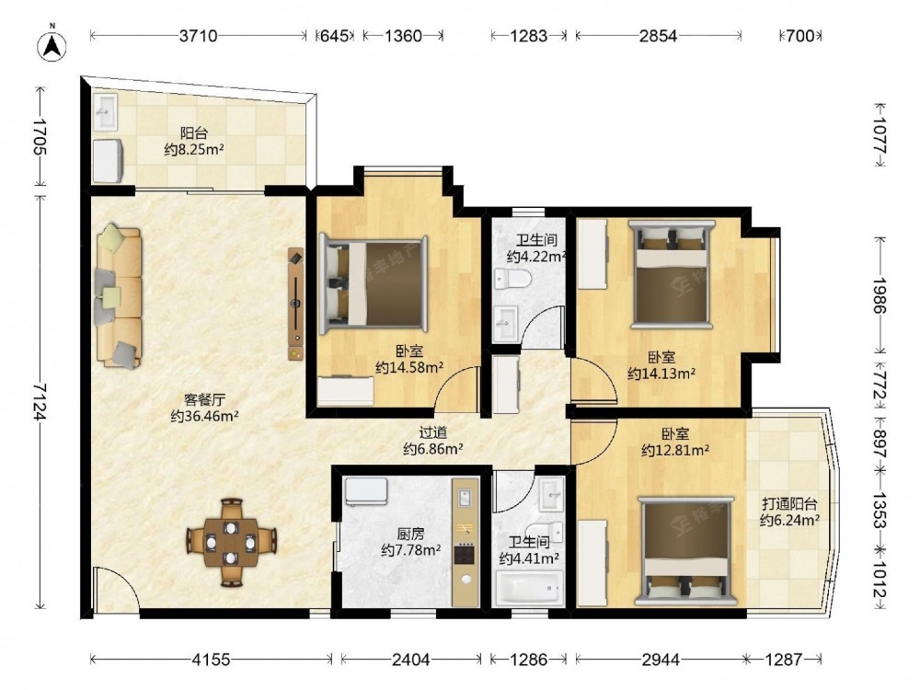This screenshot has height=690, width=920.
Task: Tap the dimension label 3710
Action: click(x=199, y=36)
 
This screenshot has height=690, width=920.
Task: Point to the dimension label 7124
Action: click(x=40, y=402)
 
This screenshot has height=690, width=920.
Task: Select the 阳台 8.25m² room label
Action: click(x=194, y=142)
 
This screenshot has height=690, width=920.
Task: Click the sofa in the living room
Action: click(x=119, y=297)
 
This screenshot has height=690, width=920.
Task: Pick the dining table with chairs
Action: click(x=232, y=542)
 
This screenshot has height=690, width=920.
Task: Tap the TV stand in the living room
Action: click(x=295, y=304)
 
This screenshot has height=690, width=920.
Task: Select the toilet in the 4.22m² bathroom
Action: click(x=512, y=280)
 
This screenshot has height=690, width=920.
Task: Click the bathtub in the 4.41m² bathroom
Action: click(x=529, y=589)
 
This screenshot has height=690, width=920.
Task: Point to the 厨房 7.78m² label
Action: click(x=410, y=542)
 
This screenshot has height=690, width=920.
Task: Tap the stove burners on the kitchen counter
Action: click(x=465, y=554)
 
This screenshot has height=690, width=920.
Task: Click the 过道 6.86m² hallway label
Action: click(x=433, y=441)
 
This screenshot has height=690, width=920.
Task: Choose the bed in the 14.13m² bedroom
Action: click(x=672, y=273)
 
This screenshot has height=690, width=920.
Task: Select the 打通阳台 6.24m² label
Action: click(x=789, y=512)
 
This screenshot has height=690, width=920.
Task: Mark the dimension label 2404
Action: click(x=410, y=660)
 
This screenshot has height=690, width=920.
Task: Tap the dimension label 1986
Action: click(x=879, y=295)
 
